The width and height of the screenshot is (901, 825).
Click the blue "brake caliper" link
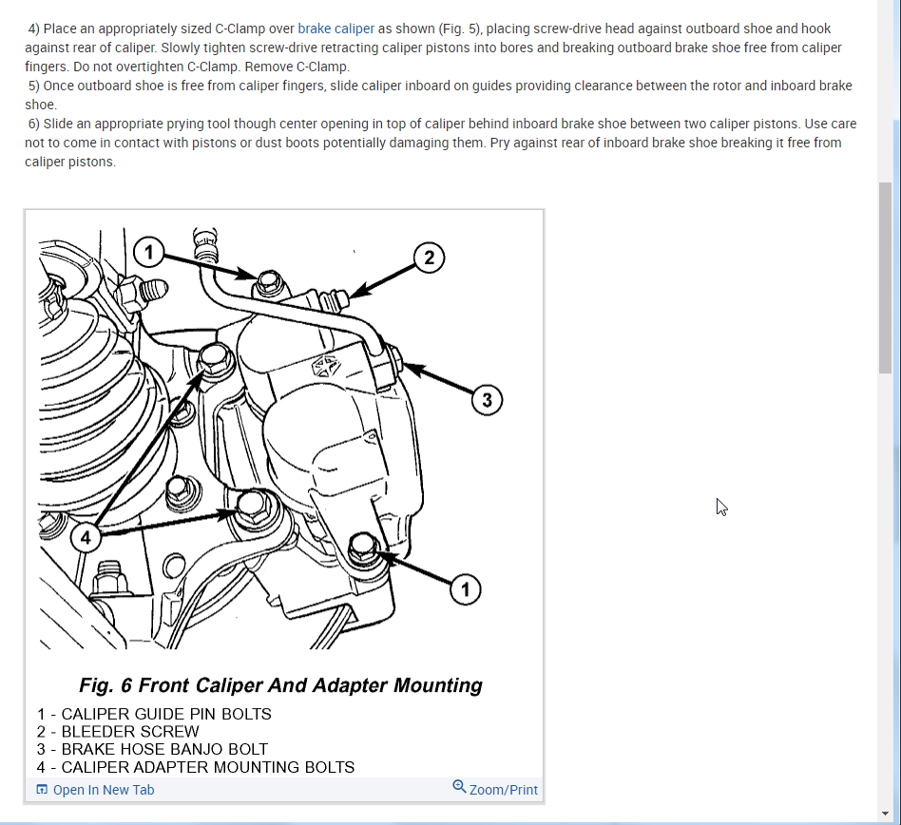point(335,29)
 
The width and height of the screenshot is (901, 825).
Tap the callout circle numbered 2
point(430,257)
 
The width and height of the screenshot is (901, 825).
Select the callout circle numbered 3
point(487,400)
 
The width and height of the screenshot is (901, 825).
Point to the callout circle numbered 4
point(86,538)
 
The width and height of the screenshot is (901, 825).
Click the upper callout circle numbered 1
point(147,252)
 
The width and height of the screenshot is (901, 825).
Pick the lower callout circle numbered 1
point(465,590)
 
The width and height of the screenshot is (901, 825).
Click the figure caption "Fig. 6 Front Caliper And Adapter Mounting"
point(281,685)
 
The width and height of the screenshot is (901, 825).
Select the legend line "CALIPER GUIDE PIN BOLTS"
point(165,714)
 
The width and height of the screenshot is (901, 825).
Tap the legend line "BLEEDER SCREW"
point(129,732)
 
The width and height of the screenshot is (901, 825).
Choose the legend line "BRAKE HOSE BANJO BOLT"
point(163,749)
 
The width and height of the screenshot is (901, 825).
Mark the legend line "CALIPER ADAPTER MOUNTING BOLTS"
point(207,767)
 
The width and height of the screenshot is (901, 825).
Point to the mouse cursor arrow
point(721,507)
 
